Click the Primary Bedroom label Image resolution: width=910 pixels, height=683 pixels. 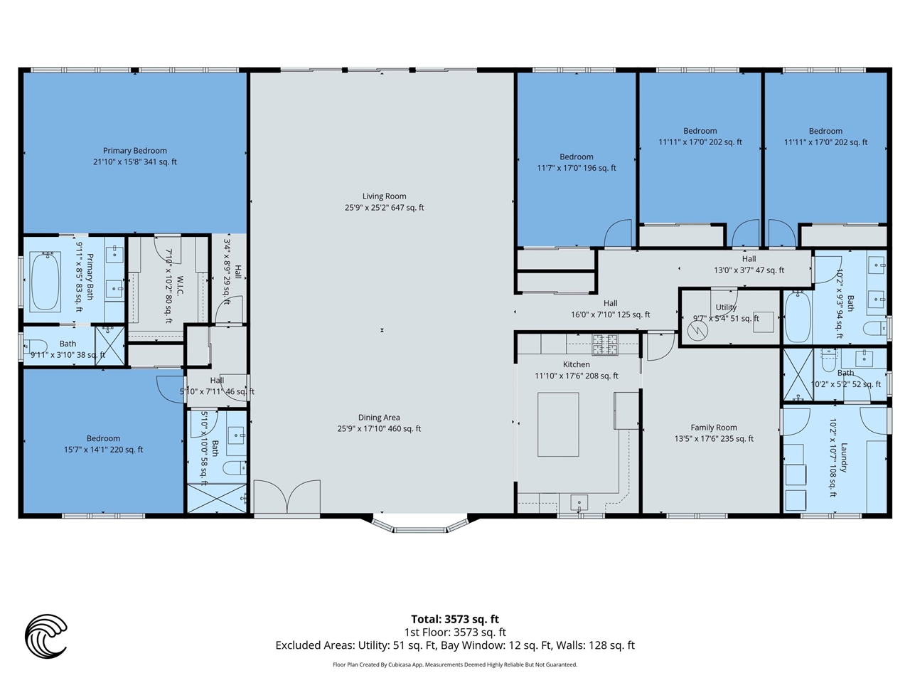[x=135, y=156]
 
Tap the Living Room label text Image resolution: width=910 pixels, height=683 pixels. [x=385, y=201]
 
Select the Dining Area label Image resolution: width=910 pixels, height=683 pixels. [x=379, y=423]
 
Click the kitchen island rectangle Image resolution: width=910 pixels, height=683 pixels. [x=558, y=425]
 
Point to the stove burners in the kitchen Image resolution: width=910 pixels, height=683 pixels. [x=605, y=344]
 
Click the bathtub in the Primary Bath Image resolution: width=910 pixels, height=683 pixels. [x=45, y=281]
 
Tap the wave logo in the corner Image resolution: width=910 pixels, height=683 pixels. [x=45, y=636]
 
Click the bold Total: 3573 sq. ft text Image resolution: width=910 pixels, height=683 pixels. [x=455, y=619]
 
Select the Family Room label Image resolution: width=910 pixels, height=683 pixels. [x=714, y=433]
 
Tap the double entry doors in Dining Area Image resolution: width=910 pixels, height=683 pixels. [x=287, y=497]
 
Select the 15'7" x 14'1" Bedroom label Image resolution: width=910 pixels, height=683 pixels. [x=103, y=444]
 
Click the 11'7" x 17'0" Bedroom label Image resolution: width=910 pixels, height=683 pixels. [x=577, y=162]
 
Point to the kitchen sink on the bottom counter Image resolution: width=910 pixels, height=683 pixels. [x=579, y=503]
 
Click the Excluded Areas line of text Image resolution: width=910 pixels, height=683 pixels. [x=455, y=645]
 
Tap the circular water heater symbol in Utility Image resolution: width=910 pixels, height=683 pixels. [x=697, y=331]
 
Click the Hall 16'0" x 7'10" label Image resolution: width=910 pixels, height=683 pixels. [x=610, y=309]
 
